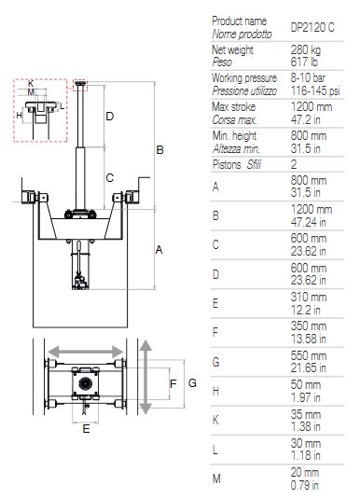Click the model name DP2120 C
[x=312, y=28]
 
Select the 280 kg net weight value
[x=306, y=49]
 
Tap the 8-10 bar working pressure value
[x=308, y=78]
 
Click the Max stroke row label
[x=234, y=106]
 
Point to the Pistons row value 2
[x=294, y=164]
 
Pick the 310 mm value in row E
[x=309, y=298]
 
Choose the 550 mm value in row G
[x=309, y=355]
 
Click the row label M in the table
[x=216, y=478]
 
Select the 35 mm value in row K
[x=306, y=414]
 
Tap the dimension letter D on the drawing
[x=109, y=117]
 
